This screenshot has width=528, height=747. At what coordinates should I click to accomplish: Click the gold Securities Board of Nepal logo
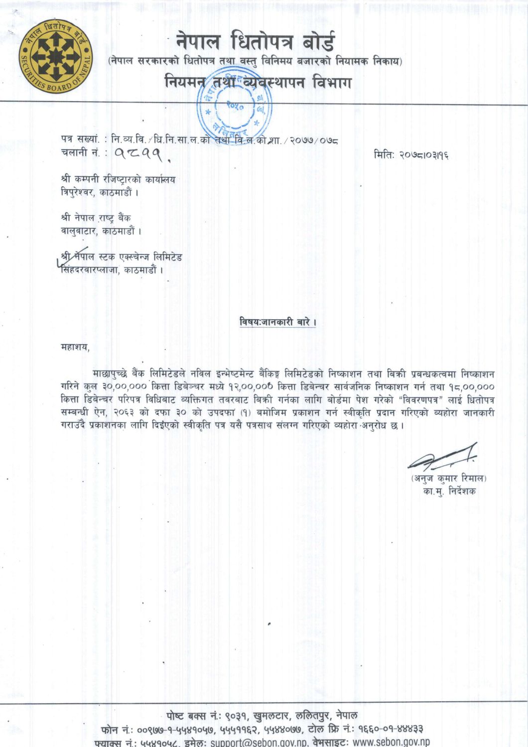coord(56,56)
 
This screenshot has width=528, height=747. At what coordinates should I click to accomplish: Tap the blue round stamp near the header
coord(235,107)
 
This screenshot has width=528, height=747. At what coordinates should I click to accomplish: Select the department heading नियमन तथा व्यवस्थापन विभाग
coord(258,82)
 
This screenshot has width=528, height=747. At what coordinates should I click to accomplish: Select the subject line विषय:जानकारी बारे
coord(278,322)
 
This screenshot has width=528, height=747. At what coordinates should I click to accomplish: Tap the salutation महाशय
coord(75,347)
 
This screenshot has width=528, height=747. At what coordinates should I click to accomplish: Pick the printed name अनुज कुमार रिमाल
coord(449,479)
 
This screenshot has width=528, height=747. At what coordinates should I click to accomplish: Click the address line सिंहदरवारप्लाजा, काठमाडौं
coord(112,270)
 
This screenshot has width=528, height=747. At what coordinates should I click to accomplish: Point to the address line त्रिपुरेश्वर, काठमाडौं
coord(100,192)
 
